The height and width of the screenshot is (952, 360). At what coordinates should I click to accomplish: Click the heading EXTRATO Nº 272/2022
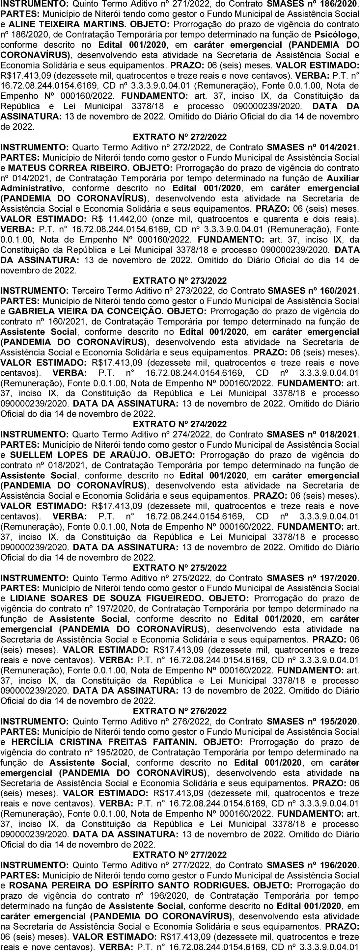pos(180,137)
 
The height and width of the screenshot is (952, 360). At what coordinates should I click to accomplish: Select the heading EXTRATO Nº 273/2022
pos(180,280)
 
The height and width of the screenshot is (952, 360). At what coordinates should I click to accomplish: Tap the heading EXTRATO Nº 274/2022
pos(180,424)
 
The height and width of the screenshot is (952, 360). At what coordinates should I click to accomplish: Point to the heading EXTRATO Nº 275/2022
pos(180,567)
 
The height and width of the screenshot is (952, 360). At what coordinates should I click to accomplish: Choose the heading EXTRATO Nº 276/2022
pos(180,711)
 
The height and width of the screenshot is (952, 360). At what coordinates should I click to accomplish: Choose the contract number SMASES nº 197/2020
pos(312,578)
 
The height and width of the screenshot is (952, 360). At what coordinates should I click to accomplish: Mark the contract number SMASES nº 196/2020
pos(312,865)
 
